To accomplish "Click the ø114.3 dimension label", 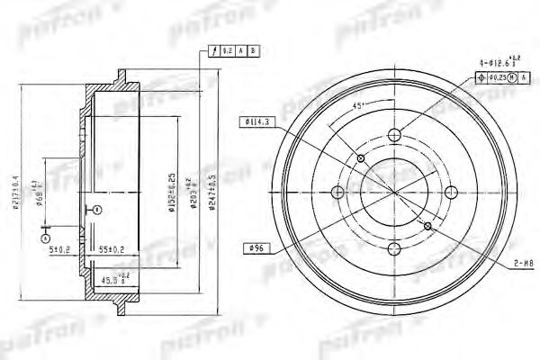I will pos(260,121).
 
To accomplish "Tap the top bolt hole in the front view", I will pos(393,137).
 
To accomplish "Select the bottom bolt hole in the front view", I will pos(393,251).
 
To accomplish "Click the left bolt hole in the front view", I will pos(337,193).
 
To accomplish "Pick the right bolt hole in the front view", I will pos(451,193).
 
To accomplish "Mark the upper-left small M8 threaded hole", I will pos(360,159).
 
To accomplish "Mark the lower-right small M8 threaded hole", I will pos(428,228).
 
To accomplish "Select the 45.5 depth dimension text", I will pos(116,279).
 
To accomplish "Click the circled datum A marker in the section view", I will pos(98,210).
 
